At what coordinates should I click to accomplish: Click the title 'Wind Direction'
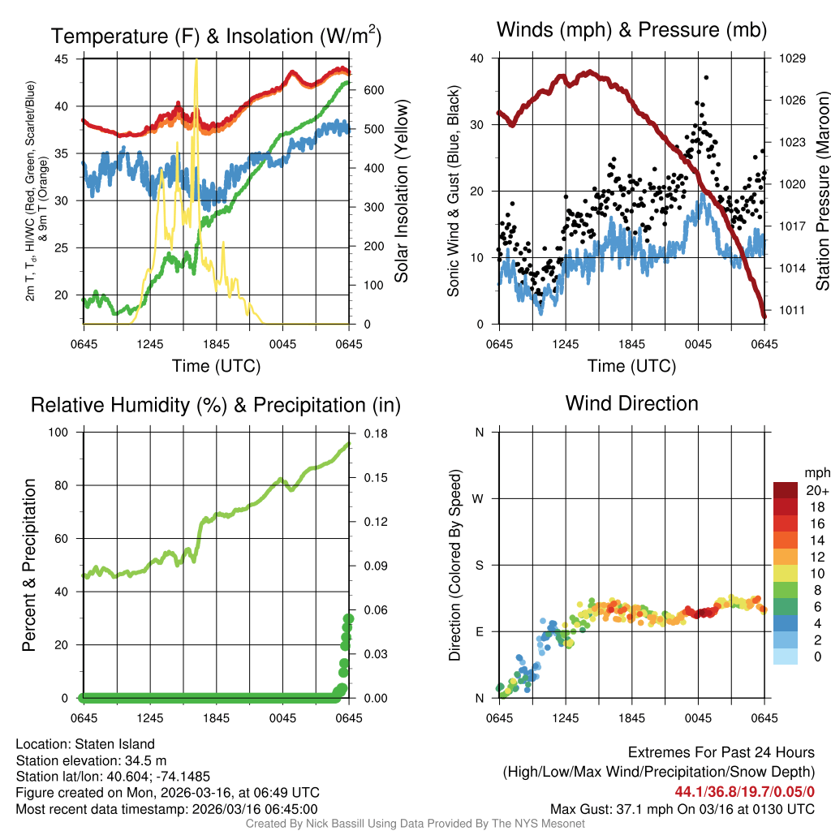[x=631, y=403]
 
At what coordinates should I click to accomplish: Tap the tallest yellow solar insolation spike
[x=196, y=62]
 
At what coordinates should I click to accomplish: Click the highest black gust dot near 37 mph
[x=707, y=77]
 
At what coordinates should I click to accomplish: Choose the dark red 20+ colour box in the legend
[x=786, y=490]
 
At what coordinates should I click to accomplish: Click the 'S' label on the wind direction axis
[x=480, y=565]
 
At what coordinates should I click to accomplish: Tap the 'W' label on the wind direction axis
[x=479, y=498]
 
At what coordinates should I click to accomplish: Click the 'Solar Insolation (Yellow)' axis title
[x=402, y=192]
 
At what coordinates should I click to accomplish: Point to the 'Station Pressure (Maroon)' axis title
[x=821, y=192]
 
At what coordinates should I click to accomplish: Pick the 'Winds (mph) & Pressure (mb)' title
[x=631, y=31]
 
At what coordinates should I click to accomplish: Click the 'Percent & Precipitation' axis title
[x=28, y=565]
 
